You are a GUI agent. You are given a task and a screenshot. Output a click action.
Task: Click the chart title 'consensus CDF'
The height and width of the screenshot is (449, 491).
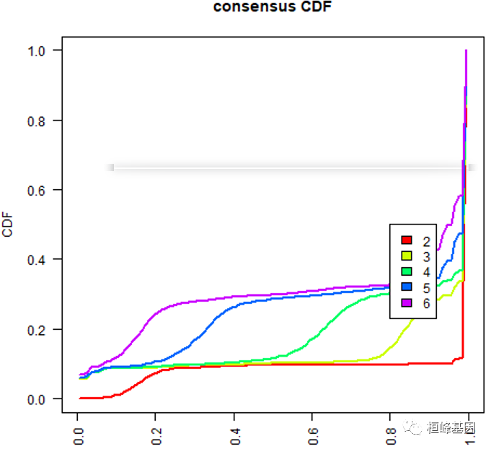(x=267, y=8)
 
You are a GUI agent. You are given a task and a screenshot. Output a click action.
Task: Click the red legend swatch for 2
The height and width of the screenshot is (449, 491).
(x=406, y=240)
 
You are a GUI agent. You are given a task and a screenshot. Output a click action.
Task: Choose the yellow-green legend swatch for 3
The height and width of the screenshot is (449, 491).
(x=406, y=256)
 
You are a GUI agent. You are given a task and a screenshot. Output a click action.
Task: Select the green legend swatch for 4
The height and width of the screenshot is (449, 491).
(x=406, y=271)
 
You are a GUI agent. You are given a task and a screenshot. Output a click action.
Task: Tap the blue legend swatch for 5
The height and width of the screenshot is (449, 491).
(x=406, y=287)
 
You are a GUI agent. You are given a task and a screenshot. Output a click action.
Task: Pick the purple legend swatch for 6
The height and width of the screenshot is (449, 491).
(x=406, y=303)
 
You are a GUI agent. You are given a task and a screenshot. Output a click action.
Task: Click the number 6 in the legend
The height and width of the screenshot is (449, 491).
(x=426, y=303)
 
